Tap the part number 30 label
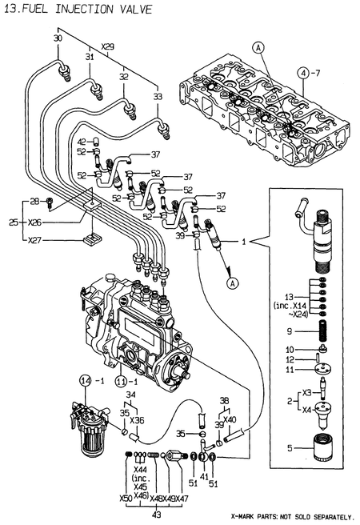57,39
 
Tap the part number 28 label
34,201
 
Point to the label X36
137,419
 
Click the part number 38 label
226,399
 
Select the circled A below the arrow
232,282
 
